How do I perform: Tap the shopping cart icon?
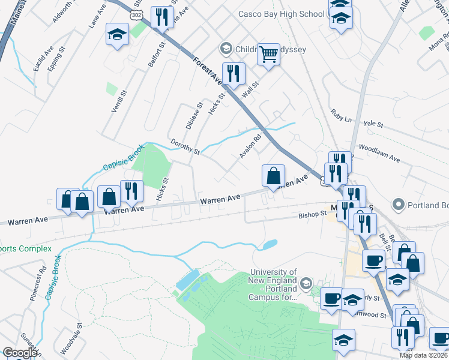coord(269,55)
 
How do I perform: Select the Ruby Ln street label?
coord(341,116)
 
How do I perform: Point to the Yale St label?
coord(373,124)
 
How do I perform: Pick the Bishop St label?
coord(312,215)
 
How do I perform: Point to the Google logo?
coord(19,353)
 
